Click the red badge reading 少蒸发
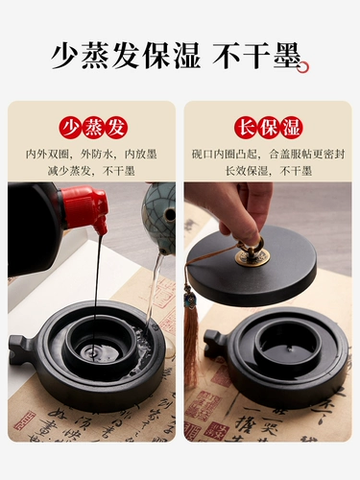[91, 128]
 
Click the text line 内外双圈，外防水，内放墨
[91, 154]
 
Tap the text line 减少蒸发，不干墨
[91, 170]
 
